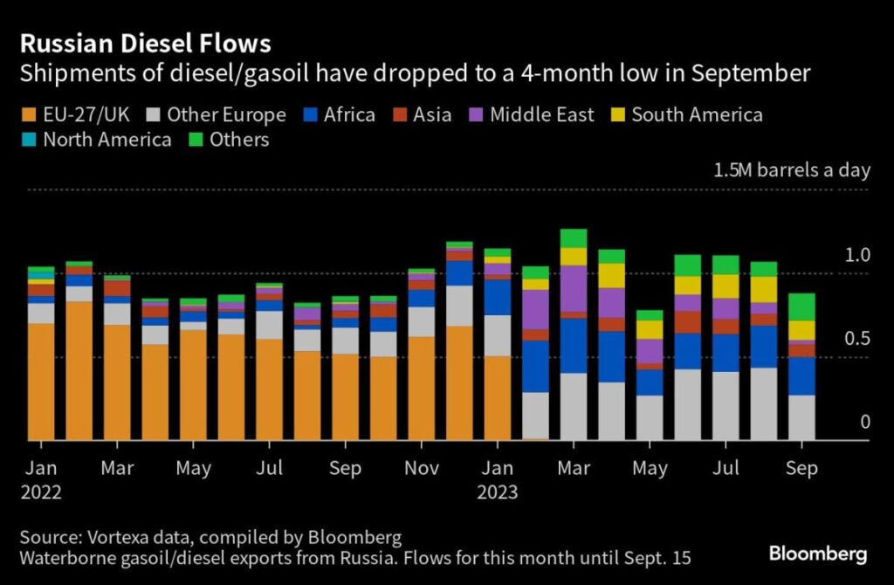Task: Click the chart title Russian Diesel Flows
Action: pos(147,44)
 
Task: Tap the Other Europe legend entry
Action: pos(217,114)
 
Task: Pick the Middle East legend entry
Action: pos(532,114)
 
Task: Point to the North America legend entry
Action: pos(97,140)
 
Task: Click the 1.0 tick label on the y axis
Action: pos(858,255)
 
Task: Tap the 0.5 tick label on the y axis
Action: pos(858,339)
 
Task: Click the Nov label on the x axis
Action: pos(422,469)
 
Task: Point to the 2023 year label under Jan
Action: pos(497,492)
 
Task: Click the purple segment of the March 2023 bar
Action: pos(573,288)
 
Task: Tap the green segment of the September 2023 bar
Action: pos(801,306)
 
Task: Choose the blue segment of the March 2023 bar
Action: pos(573,345)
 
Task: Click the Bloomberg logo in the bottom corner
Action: pos(817,554)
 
